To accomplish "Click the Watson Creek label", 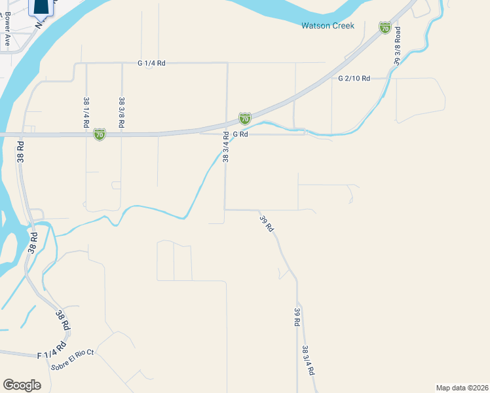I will tap(328, 26).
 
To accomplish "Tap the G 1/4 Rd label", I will tap(151, 63).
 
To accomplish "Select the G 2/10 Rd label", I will tap(354, 78).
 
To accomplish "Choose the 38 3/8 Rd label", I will tap(122, 112).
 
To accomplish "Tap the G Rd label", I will tap(240, 134).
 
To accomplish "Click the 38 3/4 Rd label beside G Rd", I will tap(225, 147).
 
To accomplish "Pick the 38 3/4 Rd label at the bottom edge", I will tap(307, 360).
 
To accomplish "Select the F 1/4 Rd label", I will tap(52, 350).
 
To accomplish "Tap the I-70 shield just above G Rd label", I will tap(244, 119).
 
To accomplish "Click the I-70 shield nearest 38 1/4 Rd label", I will tap(100, 134).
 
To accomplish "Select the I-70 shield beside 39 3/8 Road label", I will tap(385, 28).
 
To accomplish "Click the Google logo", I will tap(22, 384).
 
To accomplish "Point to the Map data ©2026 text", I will tap(462, 387).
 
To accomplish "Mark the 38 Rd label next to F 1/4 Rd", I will tap(63, 320).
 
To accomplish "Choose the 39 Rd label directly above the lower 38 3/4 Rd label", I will tap(297, 318).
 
